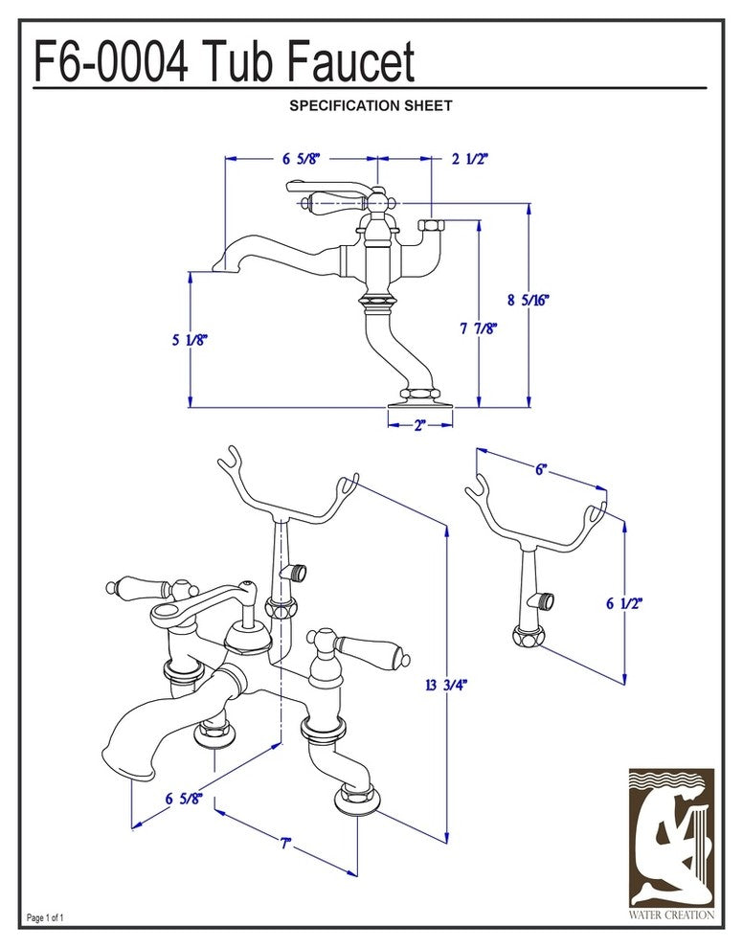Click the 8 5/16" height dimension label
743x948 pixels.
point(529,300)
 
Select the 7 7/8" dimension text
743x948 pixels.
point(478,328)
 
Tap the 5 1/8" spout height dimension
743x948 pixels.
point(190,339)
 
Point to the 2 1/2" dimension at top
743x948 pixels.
point(470,159)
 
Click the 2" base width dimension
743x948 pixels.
point(420,426)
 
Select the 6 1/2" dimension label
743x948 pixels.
point(624,603)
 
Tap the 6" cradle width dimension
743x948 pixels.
point(541,469)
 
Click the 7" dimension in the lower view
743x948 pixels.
point(285,845)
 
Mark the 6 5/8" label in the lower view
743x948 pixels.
point(183,799)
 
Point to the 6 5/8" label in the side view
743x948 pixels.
point(300,159)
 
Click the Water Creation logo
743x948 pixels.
point(671,843)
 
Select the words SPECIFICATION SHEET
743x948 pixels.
point(371,106)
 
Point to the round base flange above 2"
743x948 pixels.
point(420,401)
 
